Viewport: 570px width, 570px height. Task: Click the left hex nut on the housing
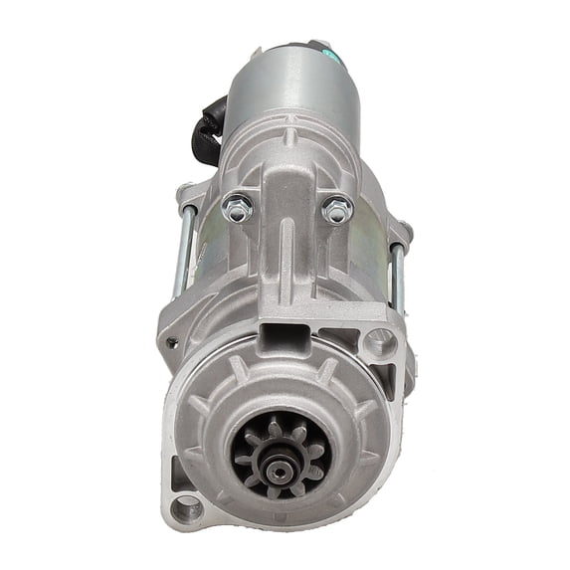[238, 209]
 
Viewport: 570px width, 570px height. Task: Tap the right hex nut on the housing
[335, 209]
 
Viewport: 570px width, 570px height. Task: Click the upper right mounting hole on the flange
[379, 344]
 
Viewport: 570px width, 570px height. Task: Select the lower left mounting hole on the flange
[186, 510]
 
